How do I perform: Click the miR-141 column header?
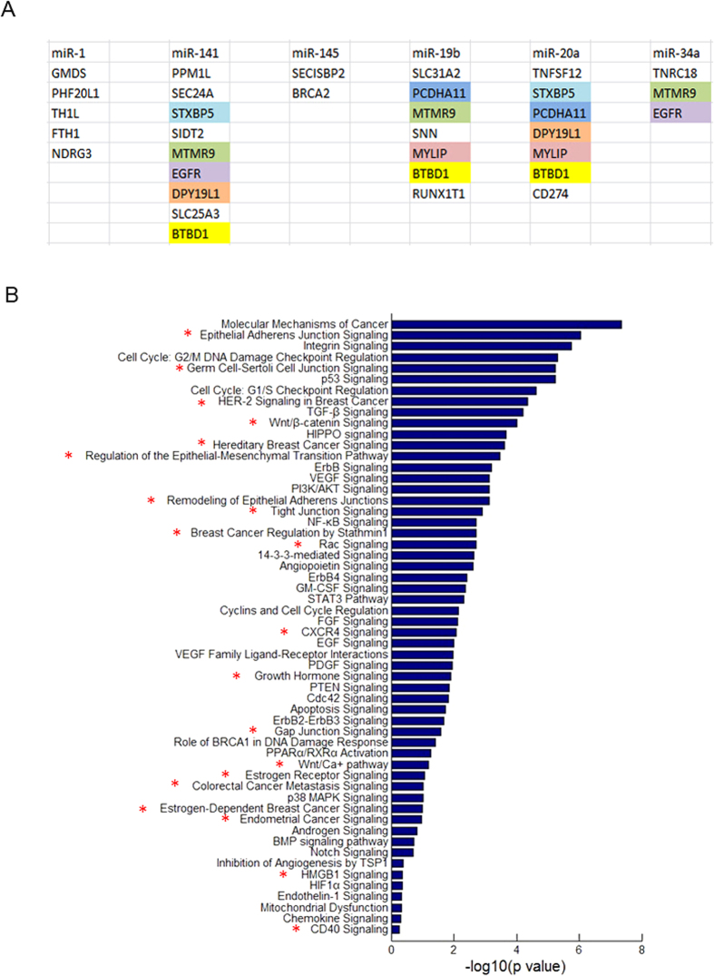click(190, 53)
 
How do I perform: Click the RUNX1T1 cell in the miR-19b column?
click(436, 192)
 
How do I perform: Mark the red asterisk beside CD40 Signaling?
click(296, 929)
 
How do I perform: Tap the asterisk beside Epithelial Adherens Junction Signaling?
click(189, 334)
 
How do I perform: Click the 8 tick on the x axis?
click(641, 949)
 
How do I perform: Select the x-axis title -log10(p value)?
click(516, 966)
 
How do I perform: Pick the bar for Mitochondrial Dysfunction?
click(396, 907)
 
